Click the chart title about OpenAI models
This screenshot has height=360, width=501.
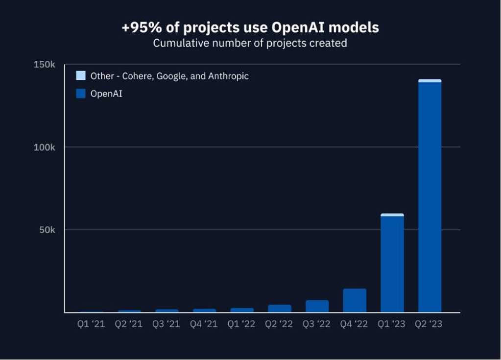[x=250, y=27]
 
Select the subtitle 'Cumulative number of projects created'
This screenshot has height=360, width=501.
[x=250, y=43]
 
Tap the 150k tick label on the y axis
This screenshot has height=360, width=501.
[x=44, y=65]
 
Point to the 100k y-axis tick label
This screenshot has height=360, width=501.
[x=44, y=147]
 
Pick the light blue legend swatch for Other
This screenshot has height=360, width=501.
[x=81, y=76]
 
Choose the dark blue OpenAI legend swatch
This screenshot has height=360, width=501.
[x=81, y=93]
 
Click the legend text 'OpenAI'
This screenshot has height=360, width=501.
[x=106, y=93]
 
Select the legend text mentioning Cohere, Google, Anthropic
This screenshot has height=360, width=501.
[x=169, y=76]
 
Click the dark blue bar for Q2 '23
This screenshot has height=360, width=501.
[x=429, y=196]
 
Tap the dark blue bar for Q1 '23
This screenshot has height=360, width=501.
[x=392, y=264]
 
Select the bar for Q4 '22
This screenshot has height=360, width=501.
[x=355, y=300]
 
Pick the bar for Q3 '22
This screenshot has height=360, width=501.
[x=317, y=306]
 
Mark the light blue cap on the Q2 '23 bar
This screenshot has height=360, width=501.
[x=429, y=81]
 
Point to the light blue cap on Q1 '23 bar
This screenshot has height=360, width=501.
[x=392, y=215]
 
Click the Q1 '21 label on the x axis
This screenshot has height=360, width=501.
[x=91, y=324]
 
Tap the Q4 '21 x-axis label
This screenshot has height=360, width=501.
[x=204, y=324]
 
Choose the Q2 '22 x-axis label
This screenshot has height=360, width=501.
[x=279, y=324]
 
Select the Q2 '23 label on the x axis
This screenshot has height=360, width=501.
[x=429, y=324]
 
